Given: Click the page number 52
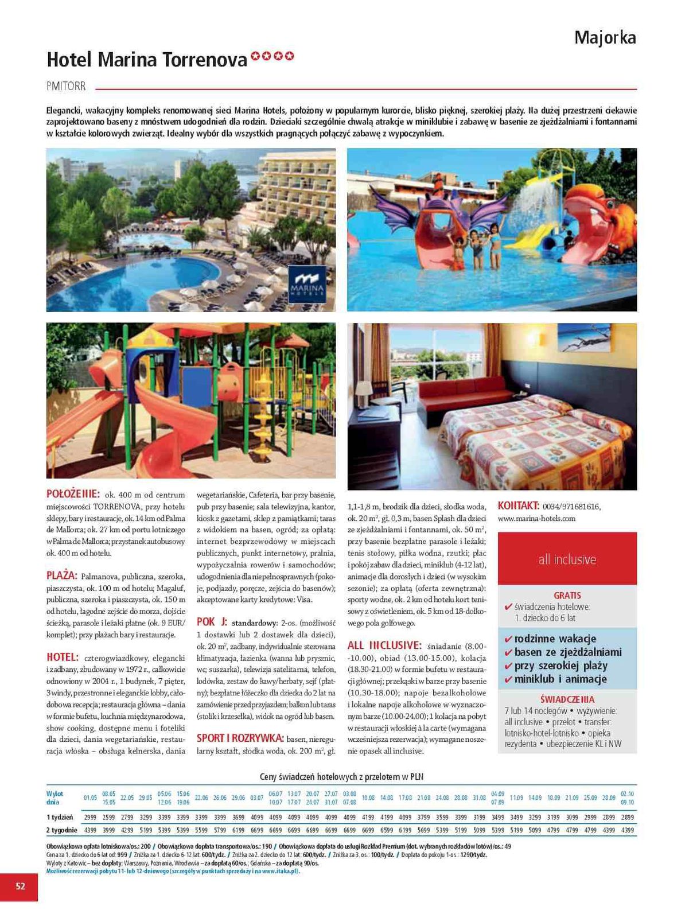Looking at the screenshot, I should pyautogui.click(x=20, y=886).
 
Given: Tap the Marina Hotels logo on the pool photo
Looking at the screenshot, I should pyautogui.click(x=307, y=284).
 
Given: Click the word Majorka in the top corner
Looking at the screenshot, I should pyautogui.click(x=605, y=38).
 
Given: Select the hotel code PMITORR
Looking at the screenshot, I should pyautogui.click(x=66, y=86).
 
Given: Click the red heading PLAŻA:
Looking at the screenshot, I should pyautogui.click(x=61, y=575).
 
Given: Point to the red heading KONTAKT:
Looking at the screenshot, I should pyautogui.click(x=518, y=505).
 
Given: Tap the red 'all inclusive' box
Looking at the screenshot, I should pyautogui.click(x=567, y=559).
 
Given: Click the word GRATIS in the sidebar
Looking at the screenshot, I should pyautogui.click(x=567, y=596).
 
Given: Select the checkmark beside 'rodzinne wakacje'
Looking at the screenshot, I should pyautogui.click(x=508, y=639).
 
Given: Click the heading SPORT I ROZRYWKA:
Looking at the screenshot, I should pyautogui.click(x=240, y=738).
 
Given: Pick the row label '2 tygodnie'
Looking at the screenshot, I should pyautogui.click(x=61, y=830).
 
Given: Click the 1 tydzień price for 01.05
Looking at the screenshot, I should pyautogui.click(x=90, y=816).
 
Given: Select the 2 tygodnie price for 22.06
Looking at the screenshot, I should pyautogui.click(x=201, y=830).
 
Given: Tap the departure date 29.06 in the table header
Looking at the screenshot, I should pyautogui.click(x=238, y=798).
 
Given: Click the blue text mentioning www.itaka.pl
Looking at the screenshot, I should pyautogui.click(x=172, y=871).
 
